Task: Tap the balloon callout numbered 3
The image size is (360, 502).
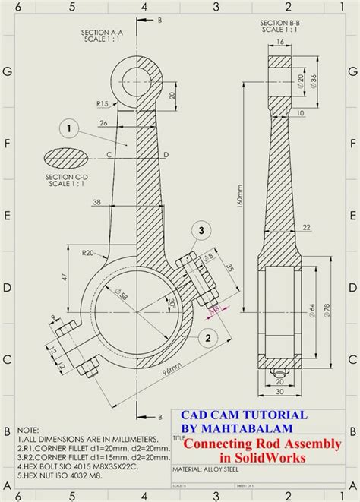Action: click(x=201, y=229)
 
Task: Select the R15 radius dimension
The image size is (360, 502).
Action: click(x=102, y=103)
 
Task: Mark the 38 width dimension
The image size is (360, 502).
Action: click(x=96, y=201)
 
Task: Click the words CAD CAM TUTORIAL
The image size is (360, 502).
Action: click(x=244, y=415)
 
